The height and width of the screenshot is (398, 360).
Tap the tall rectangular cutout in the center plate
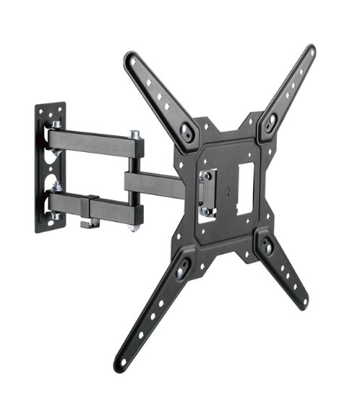pyautogui.click(x=246, y=187)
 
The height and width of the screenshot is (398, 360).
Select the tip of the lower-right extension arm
pyautogui.click(x=303, y=302)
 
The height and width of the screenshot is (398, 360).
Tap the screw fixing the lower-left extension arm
pyautogui.click(x=181, y=267)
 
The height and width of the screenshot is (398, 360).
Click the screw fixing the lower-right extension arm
pyautogui.click(x=268, y=247)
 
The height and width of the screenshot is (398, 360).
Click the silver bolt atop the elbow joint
pyautogui.click(x=134, y=134)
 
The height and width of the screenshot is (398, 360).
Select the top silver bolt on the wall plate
pyautogui.click(x=55, y=124)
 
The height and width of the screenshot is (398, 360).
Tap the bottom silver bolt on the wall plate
pyautogui.click(x=56, y=216)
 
